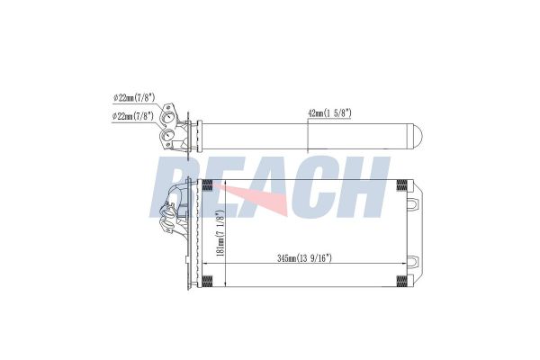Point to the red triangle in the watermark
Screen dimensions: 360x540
261,198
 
